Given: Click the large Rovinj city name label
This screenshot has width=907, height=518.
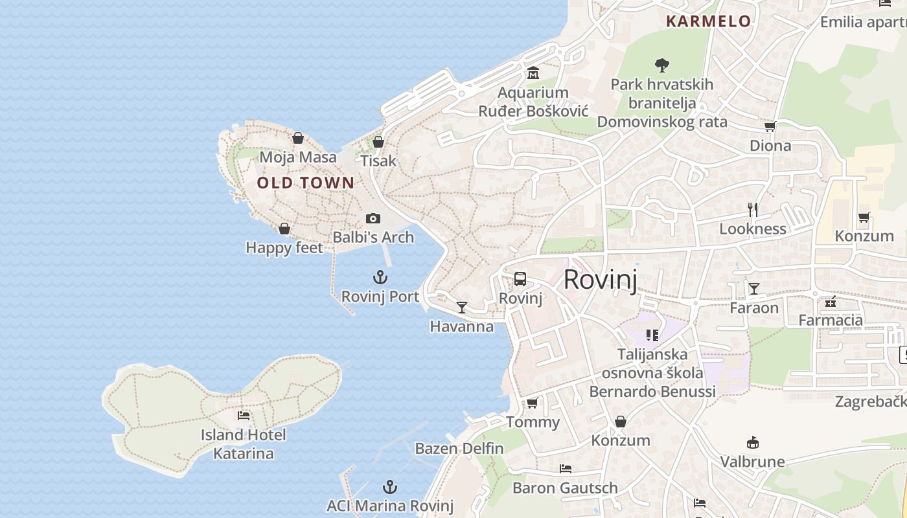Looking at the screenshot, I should pyautogui.click(x=600, y=280).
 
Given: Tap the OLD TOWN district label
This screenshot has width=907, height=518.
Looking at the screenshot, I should pyautogui.click(x=306, y=183).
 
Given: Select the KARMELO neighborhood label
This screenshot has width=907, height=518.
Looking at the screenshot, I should pyautogui.click(x=708, y=21).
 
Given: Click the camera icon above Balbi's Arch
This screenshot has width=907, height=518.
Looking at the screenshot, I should pyautogui.click(x=373, y=219).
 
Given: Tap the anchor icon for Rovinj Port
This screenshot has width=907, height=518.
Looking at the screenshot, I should pyautogui.click(x=380, y=278).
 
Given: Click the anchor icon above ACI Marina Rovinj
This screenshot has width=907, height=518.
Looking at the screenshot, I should pyautogui.click(x=389, y=487).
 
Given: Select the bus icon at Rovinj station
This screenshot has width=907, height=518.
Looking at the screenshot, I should pyautogui.click(x=520, y=279).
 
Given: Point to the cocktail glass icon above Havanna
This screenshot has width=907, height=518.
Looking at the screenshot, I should pyautogui.click(x=462, y=307).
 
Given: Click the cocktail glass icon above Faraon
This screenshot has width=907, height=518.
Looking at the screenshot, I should pyautogui.click(x=753, y=288).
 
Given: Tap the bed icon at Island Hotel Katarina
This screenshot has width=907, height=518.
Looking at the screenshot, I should pyautogui.click(x=244, y=415).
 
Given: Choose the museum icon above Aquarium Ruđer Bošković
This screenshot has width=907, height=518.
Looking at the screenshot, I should pyautogui.click(x=533, y=73).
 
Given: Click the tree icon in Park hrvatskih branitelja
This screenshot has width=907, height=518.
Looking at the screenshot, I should pyautogui.click(x=661, y=65).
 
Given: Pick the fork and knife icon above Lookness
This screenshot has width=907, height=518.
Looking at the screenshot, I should pyautogui.click(x=753, y=209).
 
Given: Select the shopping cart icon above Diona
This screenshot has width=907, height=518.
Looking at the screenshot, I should pyautogui.click(x=770, y=126).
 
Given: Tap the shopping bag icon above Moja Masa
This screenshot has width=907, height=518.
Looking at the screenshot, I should pyautogui.click(x=297, y=138).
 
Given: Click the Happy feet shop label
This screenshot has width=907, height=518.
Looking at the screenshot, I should pyautogui.click(x=284, y=247).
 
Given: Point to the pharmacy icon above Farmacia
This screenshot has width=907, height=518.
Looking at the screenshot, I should pyautogui.click(x=831, y=301).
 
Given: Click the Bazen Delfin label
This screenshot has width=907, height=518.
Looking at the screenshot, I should pyautogui.click(x=459, y=448).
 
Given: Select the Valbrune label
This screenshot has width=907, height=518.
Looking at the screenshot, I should pyautogui.click(x=752, y=462).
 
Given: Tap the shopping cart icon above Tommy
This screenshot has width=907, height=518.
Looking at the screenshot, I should pyautogui.click(x=532, y=403).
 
